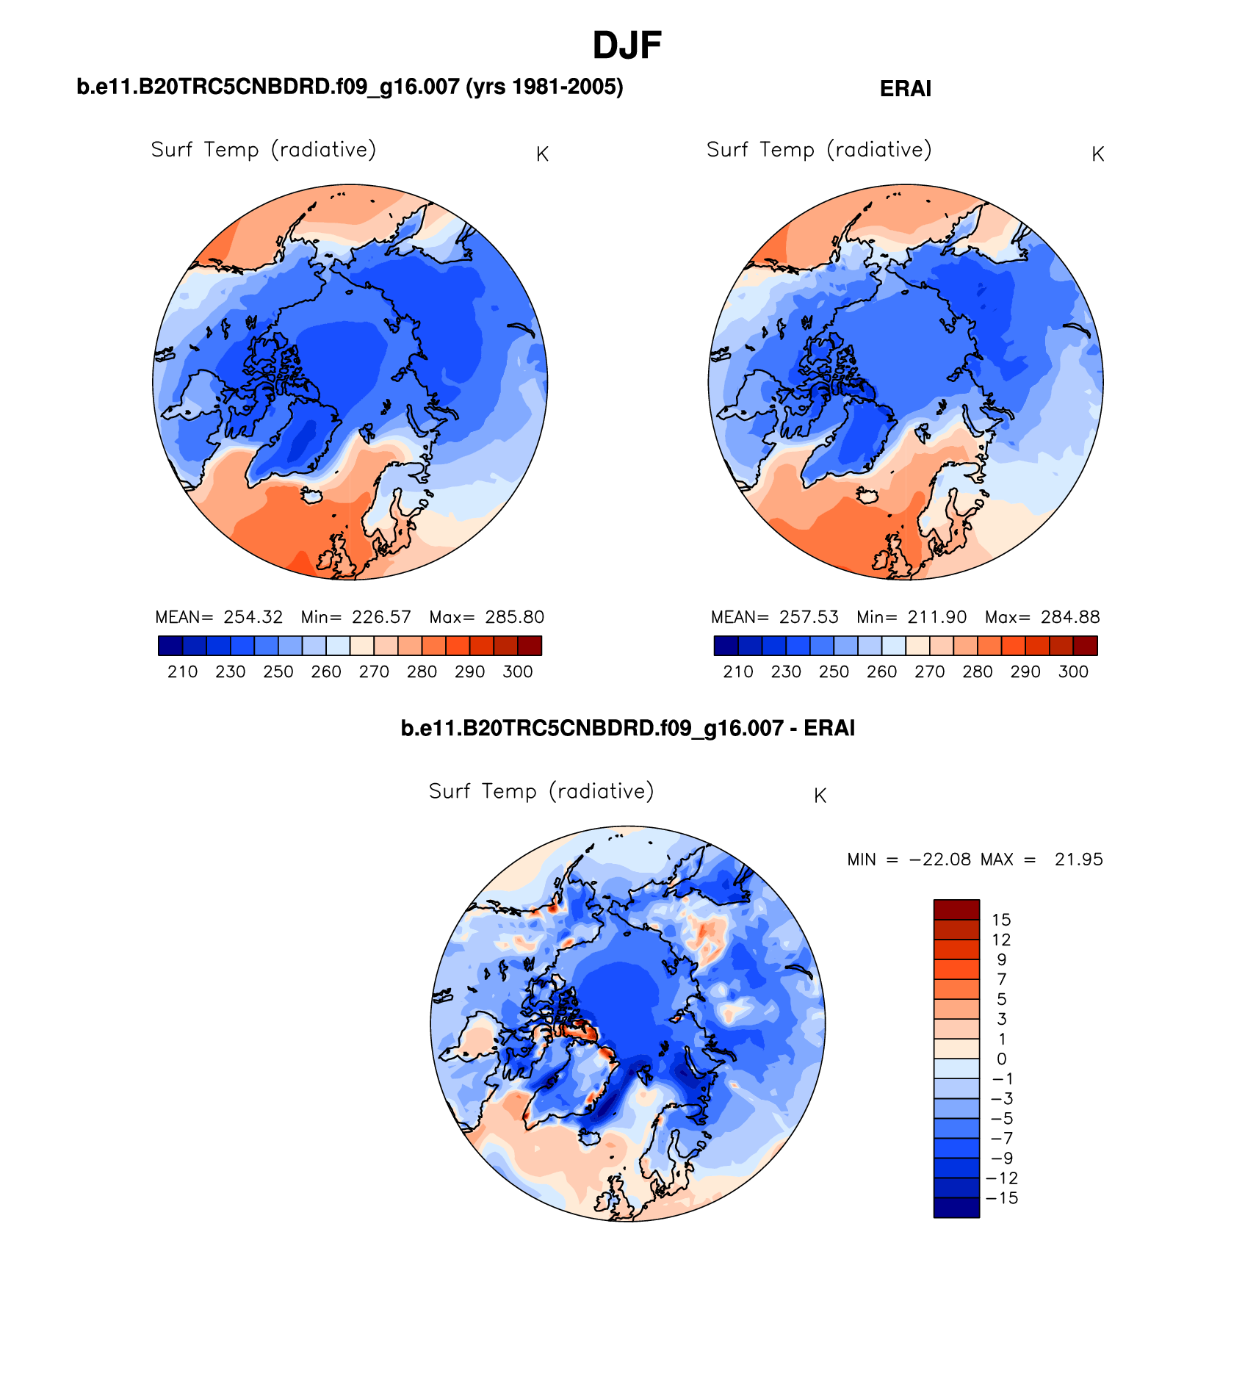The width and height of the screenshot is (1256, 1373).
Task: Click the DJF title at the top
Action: pyautogui.click(x=627, y=46)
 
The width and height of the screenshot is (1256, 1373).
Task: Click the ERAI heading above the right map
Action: pyautogui.click(x=905, y=89)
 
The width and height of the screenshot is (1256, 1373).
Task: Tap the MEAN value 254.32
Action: pyautogui.click(x=253, y=617)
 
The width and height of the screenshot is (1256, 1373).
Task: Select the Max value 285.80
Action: pyautogui.click(x=514, y=617)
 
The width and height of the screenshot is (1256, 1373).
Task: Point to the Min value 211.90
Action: pyautogui.click(x=937, y=617)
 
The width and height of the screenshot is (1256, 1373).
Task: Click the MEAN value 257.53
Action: pyautogui.click(x=809, y=617)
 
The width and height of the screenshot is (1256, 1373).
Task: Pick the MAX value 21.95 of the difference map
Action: pyautogui.click(x=1078, y=860)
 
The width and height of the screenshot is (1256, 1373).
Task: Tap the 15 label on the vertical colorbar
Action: pyautogui.click(x=1001, y=920)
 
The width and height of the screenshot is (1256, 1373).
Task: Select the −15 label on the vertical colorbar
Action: pyautogui.click(x=1002, y=1198)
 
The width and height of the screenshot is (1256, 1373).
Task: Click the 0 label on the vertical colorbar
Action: pyautogui.click(x=1001, y=1059)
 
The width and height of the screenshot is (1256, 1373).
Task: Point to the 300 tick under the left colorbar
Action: pyautogui.click(x=518, y=671)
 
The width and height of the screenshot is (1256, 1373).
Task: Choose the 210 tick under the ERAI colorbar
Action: pyautogui.click(x=738, y=671)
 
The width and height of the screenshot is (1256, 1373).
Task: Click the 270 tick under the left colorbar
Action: pyautogui.click(x=374, y=671)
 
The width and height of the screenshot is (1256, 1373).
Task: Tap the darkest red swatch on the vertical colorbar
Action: pyautogui.click(x=956, y=909)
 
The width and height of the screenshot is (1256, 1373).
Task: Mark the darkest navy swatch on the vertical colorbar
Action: pyautogui.click(x=956, y=1208)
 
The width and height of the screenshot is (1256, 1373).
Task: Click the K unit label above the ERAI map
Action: pyautogui.click(x=1098, y=154)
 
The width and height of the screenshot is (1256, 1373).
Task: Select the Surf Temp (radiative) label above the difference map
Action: pyautogui.click(x=541, y=791)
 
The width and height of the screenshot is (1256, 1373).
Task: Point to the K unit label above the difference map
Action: pyautogui.click(x=820, y=796)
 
